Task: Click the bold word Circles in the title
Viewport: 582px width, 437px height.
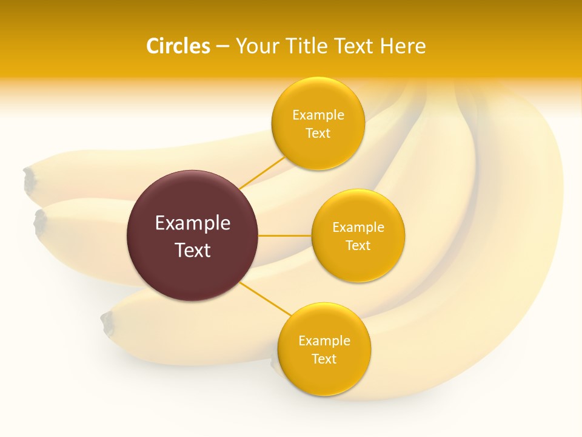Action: click(178, 46)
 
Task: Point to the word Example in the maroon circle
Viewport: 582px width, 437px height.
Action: click(193, 223)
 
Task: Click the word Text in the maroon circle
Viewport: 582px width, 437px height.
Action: click(193, 250)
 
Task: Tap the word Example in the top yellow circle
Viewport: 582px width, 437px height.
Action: click(318, 115)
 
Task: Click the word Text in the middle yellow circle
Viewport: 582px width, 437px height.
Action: click(358, 246)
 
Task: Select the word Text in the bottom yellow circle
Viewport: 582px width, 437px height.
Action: click(324, 359)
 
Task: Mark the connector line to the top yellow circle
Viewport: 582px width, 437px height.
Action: click(262, 172)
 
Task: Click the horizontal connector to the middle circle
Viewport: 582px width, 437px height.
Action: click(284, 235)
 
